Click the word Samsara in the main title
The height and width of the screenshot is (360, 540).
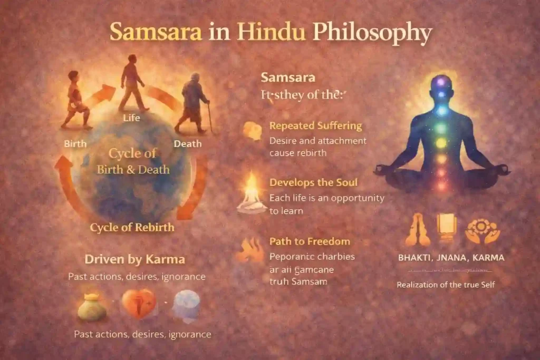(x=156, y=33)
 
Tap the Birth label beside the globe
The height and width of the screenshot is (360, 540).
(x=75, y=143)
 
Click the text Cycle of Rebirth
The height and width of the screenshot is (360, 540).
(x=132, y=228)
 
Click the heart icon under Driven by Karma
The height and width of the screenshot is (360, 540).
(x=139, y=305)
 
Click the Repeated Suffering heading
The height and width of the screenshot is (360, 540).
(x=315, y=126)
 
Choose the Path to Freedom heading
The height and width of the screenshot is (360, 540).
(x=310, y=241)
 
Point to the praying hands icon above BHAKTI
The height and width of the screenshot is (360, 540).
(x=414, y=231)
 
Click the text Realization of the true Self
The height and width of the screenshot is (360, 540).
(x=446, y=285)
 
